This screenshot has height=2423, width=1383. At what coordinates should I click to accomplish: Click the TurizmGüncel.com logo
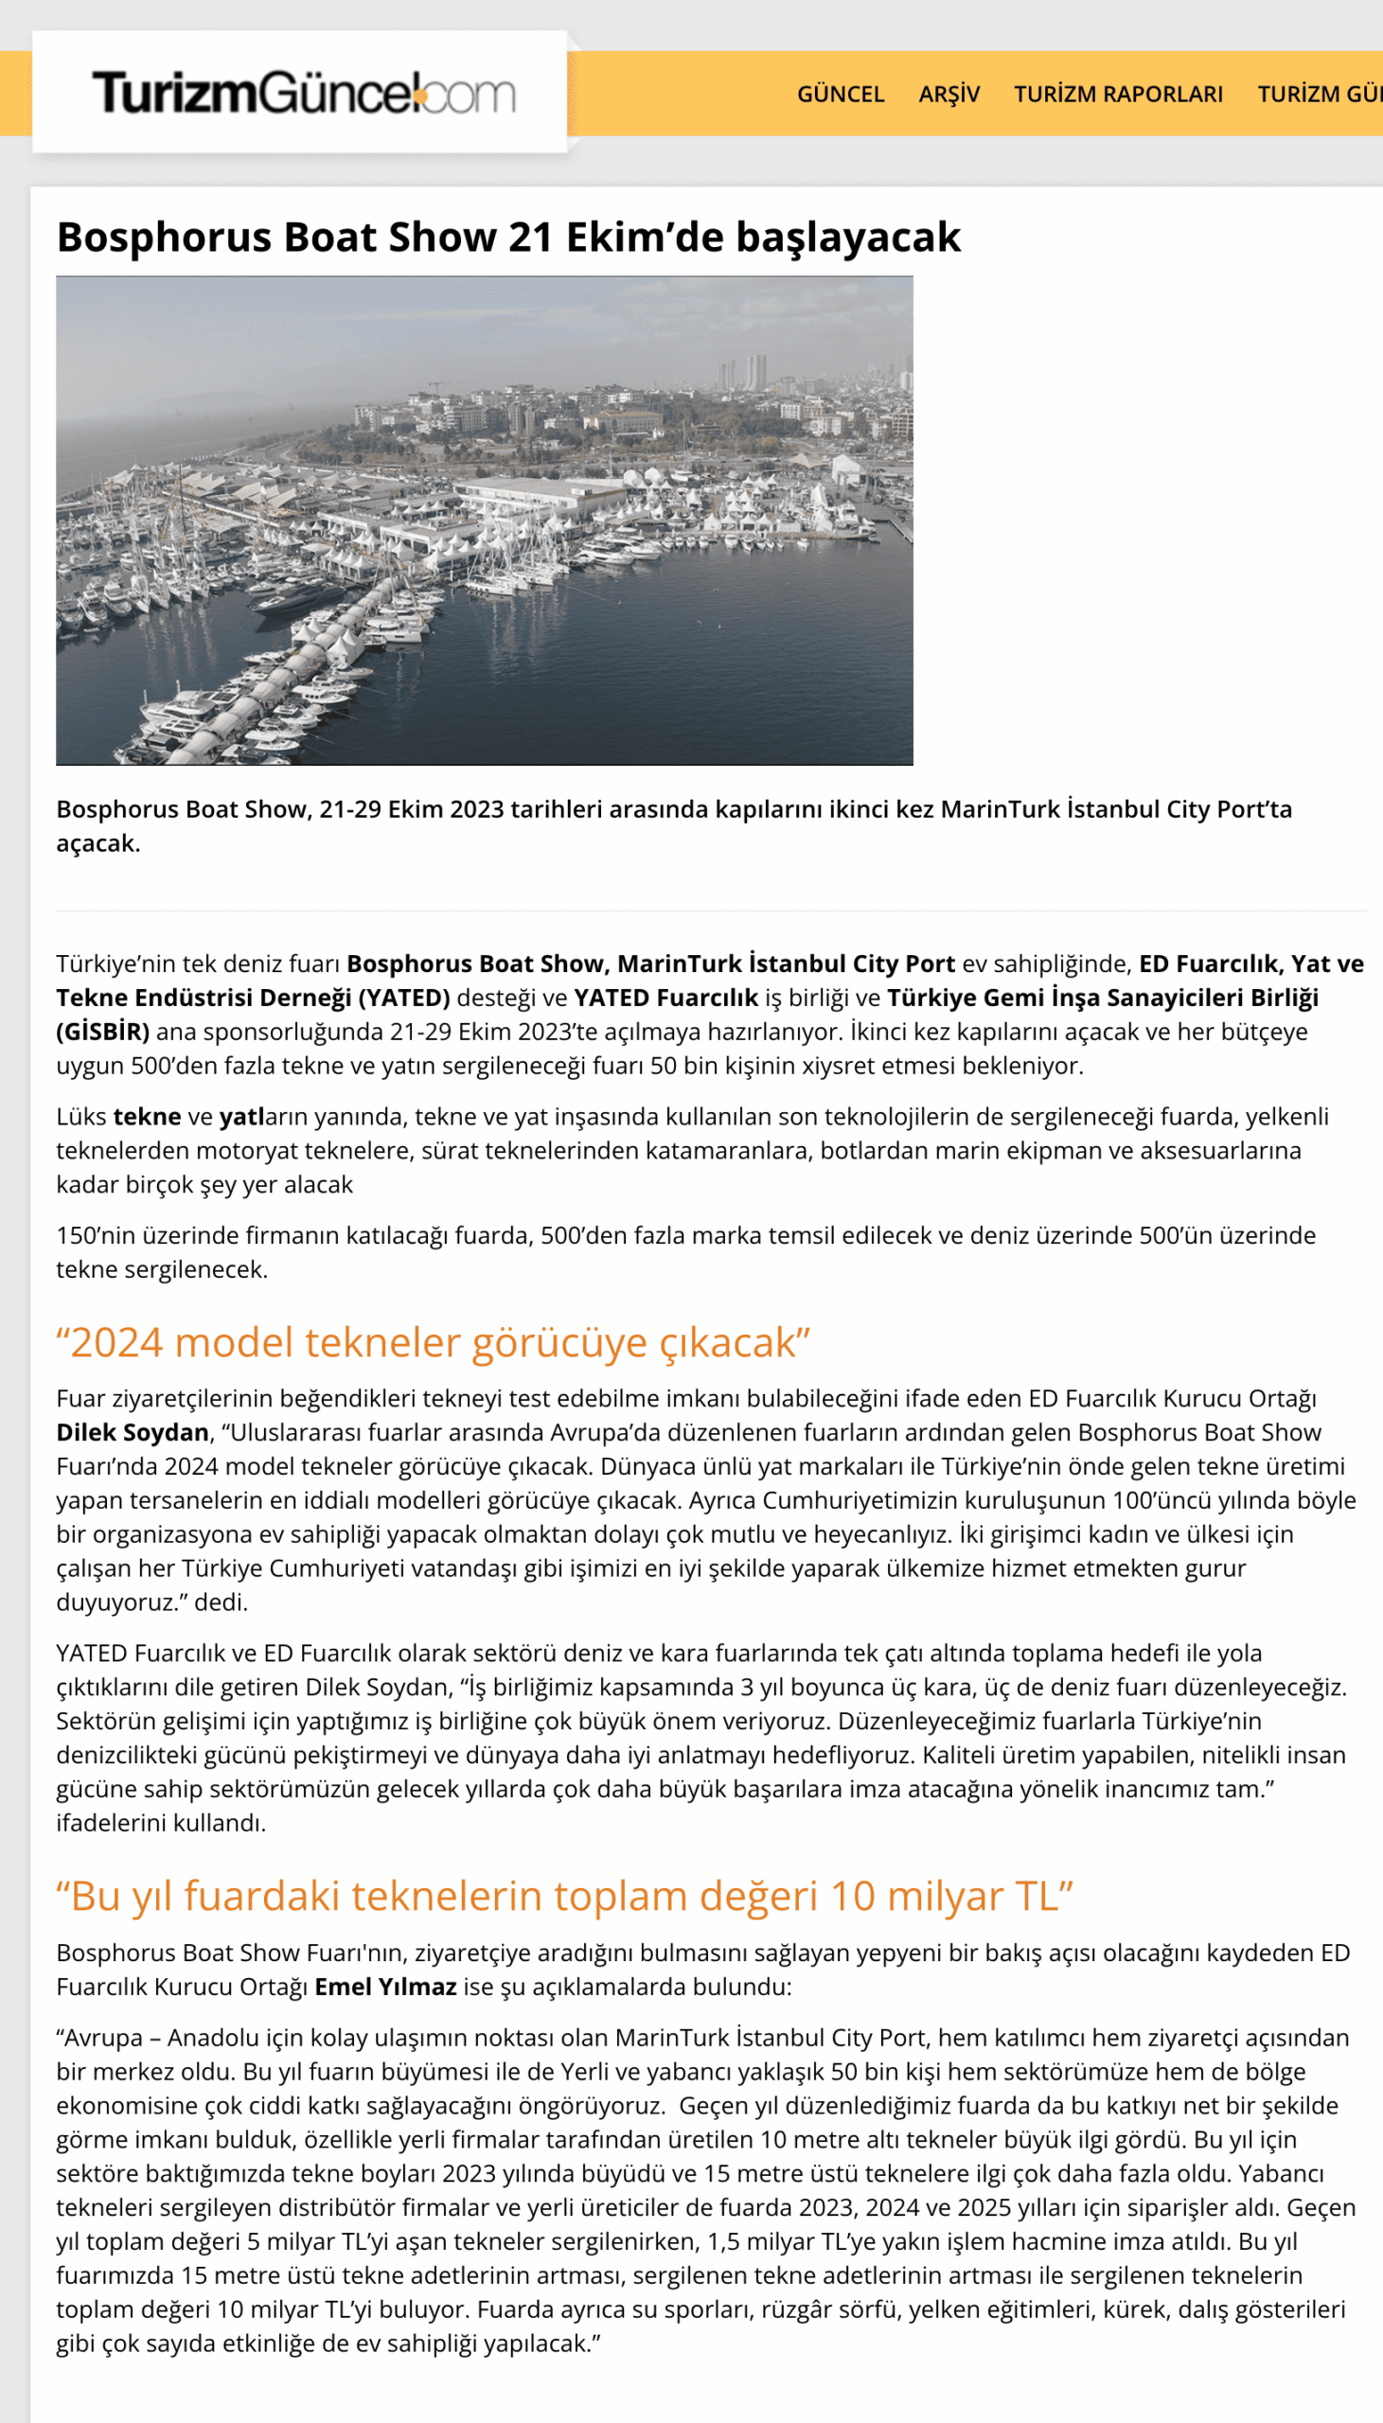point(302,93)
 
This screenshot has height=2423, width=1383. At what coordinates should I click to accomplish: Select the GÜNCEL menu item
point(840,94)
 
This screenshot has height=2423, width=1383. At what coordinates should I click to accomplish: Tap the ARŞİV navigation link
point(948,94)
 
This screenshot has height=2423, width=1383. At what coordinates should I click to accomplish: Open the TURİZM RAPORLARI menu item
point(1117,94)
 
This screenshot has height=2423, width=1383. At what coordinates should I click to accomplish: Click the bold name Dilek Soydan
point(132,1432)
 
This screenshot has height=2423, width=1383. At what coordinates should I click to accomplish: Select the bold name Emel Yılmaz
point(384,1987)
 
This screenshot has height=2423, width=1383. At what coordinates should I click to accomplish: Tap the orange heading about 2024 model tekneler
point(433,1342)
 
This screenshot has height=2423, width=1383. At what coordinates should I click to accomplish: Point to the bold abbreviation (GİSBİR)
point(102,1031)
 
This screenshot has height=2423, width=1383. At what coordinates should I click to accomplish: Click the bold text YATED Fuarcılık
point(665,997)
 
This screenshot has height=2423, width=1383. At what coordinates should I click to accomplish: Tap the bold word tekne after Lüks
point(147,1117)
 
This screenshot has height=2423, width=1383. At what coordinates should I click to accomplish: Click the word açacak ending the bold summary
point(97,843)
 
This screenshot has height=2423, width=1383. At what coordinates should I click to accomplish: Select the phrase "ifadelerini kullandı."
point(161,1822)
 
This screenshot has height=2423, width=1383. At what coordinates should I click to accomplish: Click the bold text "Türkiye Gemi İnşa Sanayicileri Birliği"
point(1102,997)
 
